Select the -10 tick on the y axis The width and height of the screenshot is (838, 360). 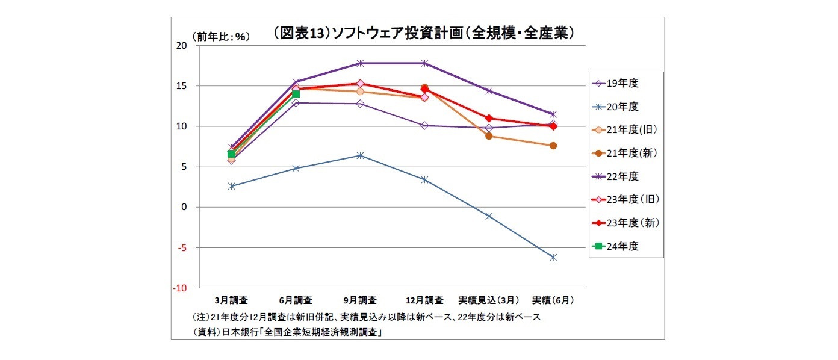pyautogui.click(x=181, y=288)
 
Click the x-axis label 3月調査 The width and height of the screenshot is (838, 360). pyautogui.click(x=231, y=300)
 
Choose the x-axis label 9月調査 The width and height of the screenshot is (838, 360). pyautogui.click(x=359, y=300)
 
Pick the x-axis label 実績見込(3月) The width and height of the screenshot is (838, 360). pyautogui.click(x=488, y=300)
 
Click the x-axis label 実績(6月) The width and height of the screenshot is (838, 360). pyautogui.click(x=553, y=300)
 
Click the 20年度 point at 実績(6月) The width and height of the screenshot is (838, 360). pyautogui.click(x=553, y=257)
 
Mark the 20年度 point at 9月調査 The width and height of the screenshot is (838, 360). pyautogui.click(x=360, y=155)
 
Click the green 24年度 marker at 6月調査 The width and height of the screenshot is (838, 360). pyautogui.click(x=296, y=93)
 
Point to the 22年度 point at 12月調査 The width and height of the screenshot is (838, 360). pyautogui.click(x=424, y=63)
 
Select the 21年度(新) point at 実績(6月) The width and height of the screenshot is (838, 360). pyautogui.click(x=553, y=146)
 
